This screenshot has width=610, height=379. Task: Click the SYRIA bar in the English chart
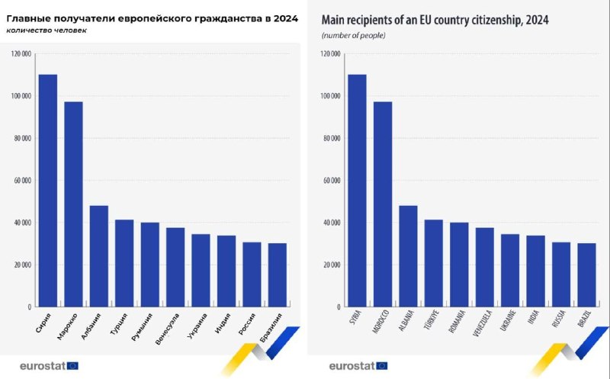(x=357, y=191)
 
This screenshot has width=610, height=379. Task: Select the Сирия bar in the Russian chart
(x=48, y=191)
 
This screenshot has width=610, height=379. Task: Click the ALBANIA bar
(x=408, y=256)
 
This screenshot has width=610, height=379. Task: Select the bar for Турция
(x=124, y=263)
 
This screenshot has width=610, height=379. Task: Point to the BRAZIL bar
(x=587, y=275)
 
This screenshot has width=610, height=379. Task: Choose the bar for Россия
(x=252, y=275)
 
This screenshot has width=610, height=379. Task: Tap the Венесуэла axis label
(x=167, y=328)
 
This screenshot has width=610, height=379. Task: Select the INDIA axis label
(x=535, y=320)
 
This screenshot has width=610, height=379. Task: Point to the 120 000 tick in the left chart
(x=21, y=54)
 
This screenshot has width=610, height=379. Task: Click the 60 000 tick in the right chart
(x=331, y=181)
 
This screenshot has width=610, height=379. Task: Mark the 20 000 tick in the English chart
(x=331, y=265)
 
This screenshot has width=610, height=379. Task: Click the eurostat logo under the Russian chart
(x=42, y=365)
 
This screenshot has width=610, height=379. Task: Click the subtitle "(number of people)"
(x=353, y=36)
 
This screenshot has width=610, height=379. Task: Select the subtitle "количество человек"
(x=46, y=31)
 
